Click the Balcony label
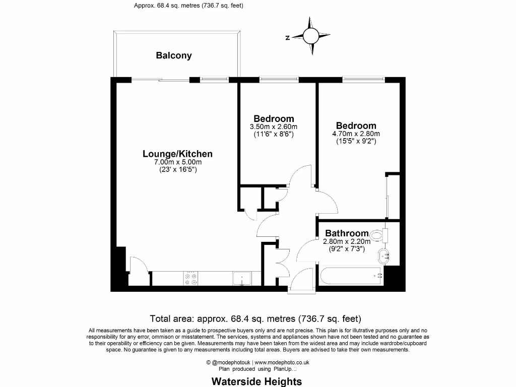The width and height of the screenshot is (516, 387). coord(173,55)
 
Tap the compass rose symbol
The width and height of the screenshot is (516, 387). coord(310,36)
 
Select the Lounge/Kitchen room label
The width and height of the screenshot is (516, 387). coord(177,154)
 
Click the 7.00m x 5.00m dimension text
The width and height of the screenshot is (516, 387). coord(177,162)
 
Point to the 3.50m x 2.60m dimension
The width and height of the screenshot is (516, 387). coord(274,127)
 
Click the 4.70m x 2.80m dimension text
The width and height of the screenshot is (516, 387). coord(356,134)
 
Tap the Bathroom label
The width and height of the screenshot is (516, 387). coord(347,233)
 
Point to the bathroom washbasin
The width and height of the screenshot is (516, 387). coord(384,256)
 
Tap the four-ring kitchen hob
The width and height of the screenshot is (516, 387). coord(191,279)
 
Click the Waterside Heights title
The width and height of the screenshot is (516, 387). coord(256,381)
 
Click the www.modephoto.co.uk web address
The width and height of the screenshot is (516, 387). coord(282,362)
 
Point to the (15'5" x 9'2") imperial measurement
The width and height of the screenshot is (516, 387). coord(356,142)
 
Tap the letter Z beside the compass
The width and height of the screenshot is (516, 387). coord(287,37)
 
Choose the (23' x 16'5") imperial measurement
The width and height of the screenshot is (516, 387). coord(177,170)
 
